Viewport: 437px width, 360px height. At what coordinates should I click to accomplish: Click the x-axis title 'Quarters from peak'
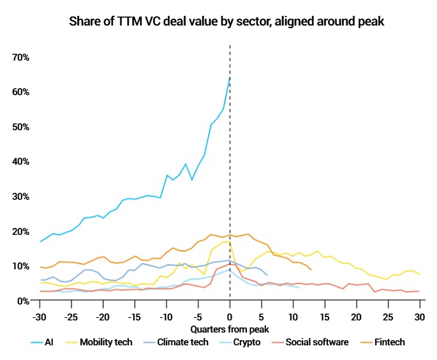click(230, 329)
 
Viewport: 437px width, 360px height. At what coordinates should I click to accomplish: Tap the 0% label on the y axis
click(23, 301)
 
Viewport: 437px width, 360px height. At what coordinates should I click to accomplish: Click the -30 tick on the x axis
click(40, 316)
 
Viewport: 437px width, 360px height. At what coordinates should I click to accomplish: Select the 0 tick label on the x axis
click(230, 316)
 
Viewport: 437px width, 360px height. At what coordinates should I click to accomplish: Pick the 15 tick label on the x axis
click(325, 316)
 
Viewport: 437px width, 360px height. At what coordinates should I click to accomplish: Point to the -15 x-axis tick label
click(135, 316)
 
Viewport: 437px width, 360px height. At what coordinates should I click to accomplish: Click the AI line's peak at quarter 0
click(230, 77)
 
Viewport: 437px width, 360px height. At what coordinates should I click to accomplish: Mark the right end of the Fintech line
click(311, 269)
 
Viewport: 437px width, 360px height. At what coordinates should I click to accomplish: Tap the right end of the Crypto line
click(299, 287)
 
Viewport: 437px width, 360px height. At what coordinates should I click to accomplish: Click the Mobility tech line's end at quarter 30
click(419, 274)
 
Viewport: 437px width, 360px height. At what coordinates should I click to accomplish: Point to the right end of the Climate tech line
click(267, 275)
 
